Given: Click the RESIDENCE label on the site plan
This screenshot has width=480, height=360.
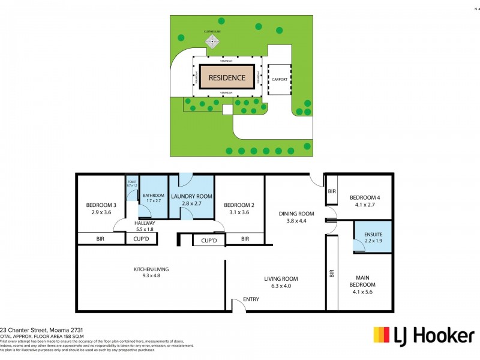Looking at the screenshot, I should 226,77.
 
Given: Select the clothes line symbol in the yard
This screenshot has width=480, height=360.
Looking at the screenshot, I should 213,42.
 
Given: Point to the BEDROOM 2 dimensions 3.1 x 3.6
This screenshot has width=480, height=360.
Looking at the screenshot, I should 238,212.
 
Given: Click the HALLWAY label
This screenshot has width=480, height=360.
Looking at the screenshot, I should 145,223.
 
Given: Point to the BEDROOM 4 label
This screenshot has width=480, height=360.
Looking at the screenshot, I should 365,198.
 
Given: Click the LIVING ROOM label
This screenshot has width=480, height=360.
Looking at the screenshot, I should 281,278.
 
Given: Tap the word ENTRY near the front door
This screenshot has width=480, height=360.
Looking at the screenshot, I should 250,299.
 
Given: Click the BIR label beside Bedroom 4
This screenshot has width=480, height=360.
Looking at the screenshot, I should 332,192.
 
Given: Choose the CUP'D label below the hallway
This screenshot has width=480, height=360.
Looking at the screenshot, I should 141,239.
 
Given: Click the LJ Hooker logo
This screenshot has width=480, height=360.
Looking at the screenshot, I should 424,335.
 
